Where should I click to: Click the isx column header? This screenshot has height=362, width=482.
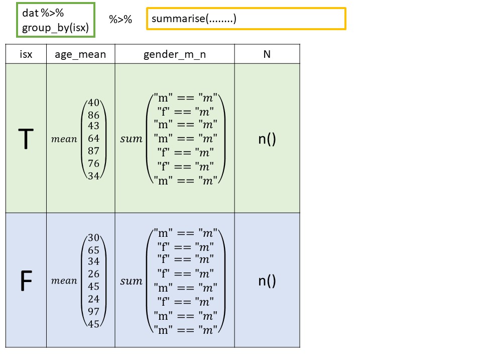coord(26,54)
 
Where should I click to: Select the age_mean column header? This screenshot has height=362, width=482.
coord(80,54)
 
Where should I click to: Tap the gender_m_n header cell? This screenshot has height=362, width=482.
coord(174,54)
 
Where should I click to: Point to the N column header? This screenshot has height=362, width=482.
coord(267,54)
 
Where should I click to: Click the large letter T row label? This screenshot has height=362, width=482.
coord(26,140)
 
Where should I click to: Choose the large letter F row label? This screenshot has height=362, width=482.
coord(26,282)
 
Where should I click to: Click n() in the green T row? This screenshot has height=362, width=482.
coord(267,139)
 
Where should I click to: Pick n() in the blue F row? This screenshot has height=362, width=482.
coord(267,281)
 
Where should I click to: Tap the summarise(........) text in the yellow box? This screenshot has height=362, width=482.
coord(194,19)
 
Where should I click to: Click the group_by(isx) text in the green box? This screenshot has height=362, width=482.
coord(55,28)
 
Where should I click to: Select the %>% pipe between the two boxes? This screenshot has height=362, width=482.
coord(120,19)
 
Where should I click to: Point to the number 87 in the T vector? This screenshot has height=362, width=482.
coord(93,151)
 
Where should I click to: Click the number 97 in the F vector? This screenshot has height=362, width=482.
coord(93,312)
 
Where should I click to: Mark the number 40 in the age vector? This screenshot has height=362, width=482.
coord(93,103)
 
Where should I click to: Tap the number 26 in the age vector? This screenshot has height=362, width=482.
coord(93,274)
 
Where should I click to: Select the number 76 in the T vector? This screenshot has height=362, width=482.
coord(93,163)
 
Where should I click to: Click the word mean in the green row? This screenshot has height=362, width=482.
coord(64,139)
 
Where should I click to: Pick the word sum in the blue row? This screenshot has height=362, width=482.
coord(131,282)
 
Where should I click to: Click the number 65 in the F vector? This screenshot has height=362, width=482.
coord(93,250)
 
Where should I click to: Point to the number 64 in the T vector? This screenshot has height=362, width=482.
coord(93,138)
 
